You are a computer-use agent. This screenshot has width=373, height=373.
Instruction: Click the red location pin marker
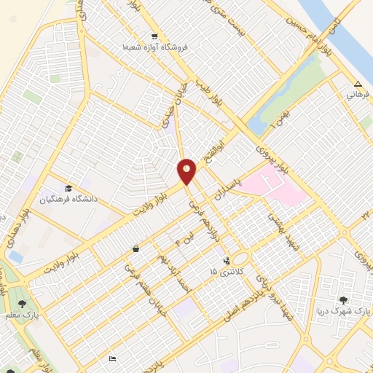[x=187, y=172]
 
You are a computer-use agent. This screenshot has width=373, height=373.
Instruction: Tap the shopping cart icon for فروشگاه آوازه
[x=154, y=36]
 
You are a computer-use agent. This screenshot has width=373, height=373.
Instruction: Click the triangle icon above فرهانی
[x=357, y=83]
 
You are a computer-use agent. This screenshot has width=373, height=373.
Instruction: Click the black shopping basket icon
[x=136, y=249]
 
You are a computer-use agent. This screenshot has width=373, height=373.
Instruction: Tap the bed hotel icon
[x=111, y=358]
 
